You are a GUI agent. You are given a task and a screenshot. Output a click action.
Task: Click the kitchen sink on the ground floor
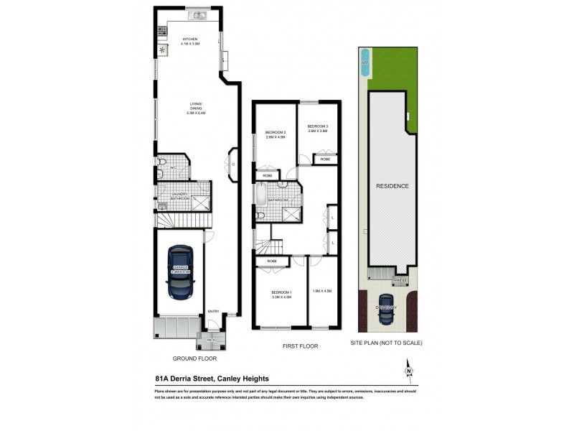coord(196,15)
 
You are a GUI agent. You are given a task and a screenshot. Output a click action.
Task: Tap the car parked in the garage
coord(179,273)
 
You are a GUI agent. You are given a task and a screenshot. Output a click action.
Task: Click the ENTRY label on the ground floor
coord(213,310)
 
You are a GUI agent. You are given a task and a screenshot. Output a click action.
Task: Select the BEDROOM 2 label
coord(275,134)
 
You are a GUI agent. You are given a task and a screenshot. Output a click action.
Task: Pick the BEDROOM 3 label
coord(317,129)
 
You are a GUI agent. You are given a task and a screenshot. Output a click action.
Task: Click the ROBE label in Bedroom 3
coord(315,159)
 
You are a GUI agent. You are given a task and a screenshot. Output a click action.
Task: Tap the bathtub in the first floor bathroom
coord(261,194)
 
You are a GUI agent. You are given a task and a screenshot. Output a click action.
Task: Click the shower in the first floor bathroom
coord(291,214)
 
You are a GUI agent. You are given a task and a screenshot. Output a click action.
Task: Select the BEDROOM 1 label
coord(281,294)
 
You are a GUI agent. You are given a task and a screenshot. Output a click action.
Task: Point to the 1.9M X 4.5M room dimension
coord(321,290)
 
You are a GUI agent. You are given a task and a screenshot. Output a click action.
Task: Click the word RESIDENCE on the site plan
coord(392,186)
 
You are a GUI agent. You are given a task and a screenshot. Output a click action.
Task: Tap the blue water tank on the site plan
coord(365,57)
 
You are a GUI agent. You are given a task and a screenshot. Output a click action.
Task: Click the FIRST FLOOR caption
coord(299,346)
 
